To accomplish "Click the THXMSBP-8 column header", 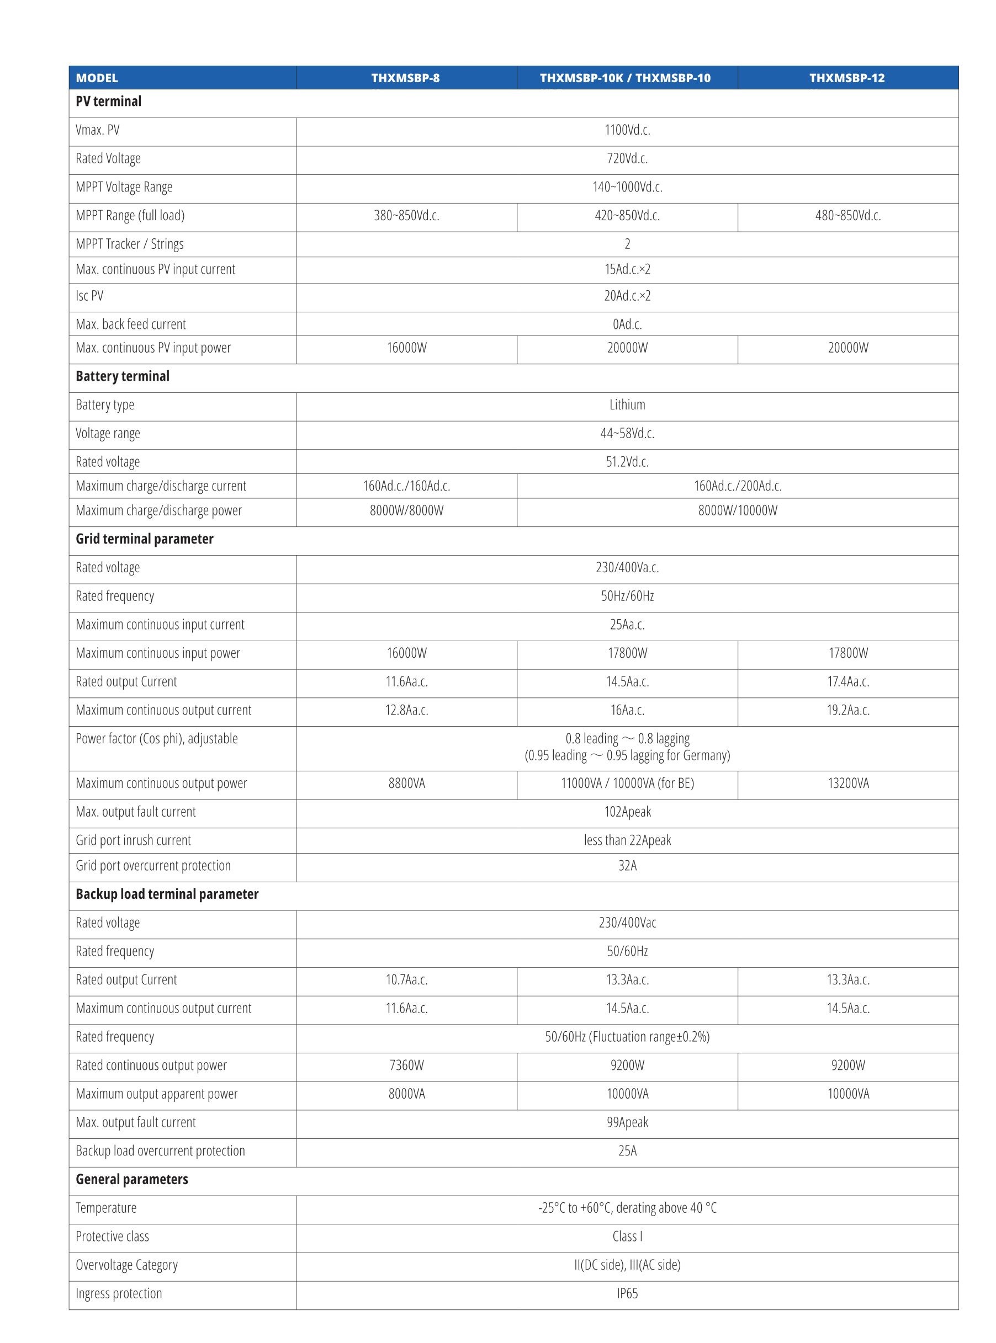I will [406, 78].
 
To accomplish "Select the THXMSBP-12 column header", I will [847, 78].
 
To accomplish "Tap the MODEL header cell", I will [97, 78].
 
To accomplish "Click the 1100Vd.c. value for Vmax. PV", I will [627, 130].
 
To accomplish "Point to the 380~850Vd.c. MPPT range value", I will [406, 216].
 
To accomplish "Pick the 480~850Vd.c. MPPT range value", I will [847, 216].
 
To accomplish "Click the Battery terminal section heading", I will [123, 376].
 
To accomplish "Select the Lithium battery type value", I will [627, 405].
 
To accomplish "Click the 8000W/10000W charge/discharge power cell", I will [738, 511].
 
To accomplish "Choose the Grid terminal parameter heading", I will [145, 539].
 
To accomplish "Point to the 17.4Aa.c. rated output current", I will [847, 682].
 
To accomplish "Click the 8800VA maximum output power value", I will [406, 784].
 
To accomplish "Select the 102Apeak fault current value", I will [627, 812].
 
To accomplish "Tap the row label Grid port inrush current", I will [133, 840].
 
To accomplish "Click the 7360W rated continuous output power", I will [406, 1066].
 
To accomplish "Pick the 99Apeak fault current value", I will [627, 1122].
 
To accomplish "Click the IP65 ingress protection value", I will [627, 1293].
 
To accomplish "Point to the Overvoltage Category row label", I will [126, 1265].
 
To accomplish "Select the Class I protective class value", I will [627, 1237].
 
